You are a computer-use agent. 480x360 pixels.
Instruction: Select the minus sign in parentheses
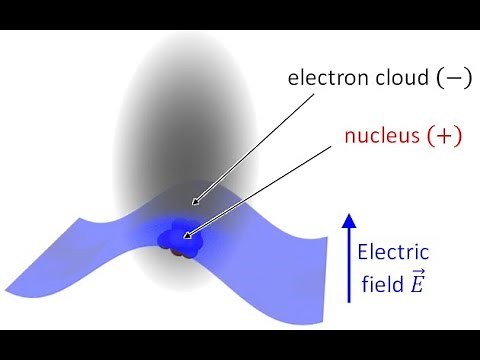click(x=444, y=77)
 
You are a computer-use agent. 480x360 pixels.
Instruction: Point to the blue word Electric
click(x=393, y=253)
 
